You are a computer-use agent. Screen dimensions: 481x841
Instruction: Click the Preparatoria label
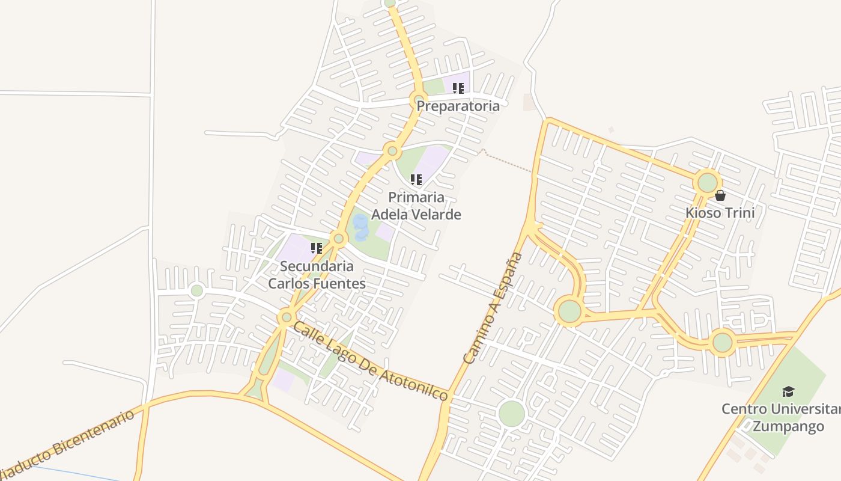458,106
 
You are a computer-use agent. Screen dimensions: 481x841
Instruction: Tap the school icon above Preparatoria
458,88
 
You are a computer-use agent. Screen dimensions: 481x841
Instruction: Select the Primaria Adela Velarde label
416,206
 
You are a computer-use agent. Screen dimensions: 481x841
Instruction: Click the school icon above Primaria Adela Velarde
416,179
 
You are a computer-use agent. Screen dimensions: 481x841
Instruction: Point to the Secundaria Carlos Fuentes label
317,275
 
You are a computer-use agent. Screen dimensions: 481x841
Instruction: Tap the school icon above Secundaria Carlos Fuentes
317,248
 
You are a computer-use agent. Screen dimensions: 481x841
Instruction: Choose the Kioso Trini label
720,213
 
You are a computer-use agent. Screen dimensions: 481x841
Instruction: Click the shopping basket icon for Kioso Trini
720,195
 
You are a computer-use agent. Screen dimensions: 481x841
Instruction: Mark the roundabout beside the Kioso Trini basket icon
708,182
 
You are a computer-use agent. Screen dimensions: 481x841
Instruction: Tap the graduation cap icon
788,392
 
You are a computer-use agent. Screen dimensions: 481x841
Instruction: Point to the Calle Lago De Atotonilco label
371,361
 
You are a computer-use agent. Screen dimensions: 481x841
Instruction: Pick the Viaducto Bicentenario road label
67,444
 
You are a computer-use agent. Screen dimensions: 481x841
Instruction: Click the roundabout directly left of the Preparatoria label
419,99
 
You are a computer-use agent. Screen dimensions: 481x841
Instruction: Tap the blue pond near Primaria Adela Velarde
360,227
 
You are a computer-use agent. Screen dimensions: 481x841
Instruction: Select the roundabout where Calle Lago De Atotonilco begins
287,317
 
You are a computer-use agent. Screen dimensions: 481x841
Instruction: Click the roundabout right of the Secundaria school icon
338,239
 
